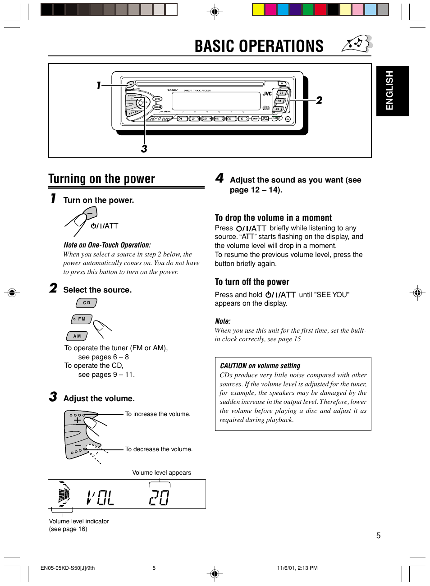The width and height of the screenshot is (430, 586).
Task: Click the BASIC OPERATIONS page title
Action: pos(259,46)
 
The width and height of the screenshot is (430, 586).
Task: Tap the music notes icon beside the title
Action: pos(357,44)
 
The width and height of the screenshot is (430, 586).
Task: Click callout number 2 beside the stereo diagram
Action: pos(319,100)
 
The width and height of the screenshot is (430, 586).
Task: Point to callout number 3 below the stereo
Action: pos(144,149)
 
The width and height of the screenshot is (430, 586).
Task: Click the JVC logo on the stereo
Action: pos(267,94)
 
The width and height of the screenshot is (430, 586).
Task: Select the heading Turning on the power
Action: pos(102,179)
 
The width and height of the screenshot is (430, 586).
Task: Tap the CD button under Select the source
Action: pos(87,303)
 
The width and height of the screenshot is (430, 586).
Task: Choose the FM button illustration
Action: pos(82,319)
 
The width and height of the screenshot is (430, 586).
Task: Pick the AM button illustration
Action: pos(77,336)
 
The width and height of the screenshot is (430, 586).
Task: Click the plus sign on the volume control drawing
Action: pos(78,420)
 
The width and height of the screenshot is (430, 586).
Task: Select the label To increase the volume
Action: pos(158,414)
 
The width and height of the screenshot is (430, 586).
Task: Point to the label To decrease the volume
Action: pos(159,449)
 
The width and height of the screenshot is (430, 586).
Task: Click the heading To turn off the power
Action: pos(252,282)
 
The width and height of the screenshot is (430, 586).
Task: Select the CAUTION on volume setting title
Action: pos(260,366)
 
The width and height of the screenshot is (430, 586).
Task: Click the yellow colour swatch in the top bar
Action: pos(258,9)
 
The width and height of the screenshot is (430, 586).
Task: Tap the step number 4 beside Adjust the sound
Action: pos(220,178)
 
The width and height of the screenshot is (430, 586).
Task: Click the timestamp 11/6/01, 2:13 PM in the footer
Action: pos(297,568)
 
